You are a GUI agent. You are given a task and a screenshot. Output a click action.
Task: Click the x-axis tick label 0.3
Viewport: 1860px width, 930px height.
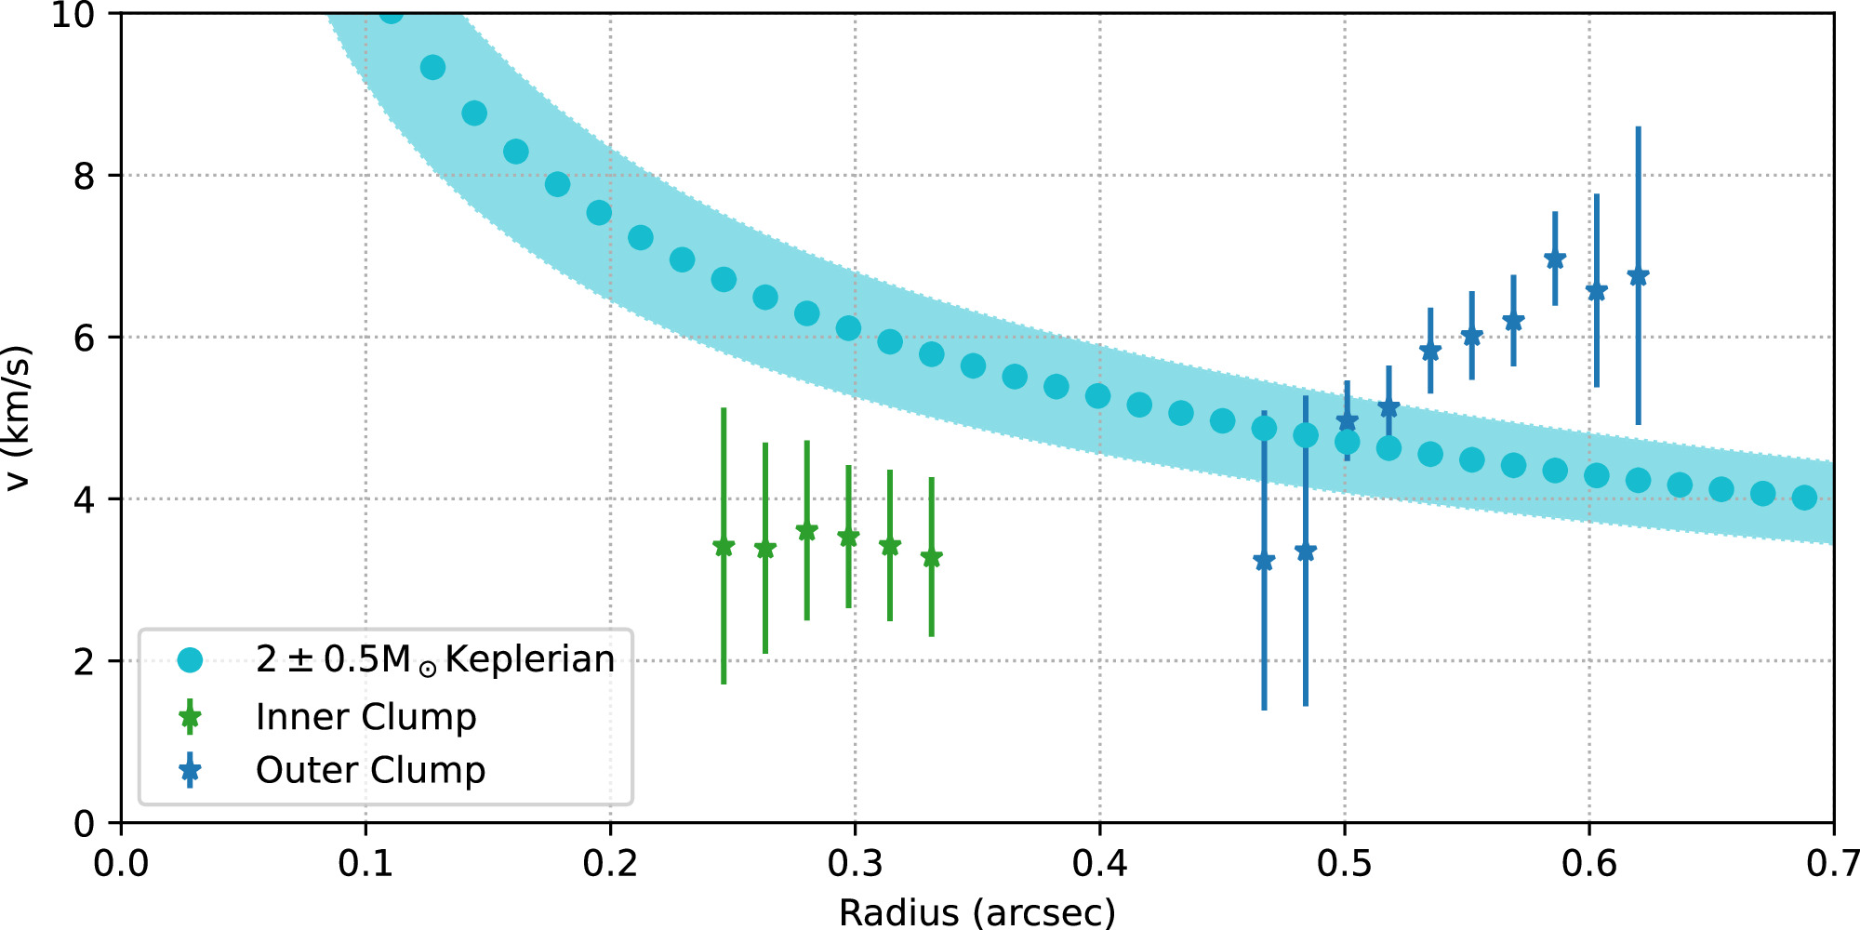(855, 864)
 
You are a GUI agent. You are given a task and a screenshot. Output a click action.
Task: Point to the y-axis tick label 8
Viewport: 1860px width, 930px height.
(84, 176)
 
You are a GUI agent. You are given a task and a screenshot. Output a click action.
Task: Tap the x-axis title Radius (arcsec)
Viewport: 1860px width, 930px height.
(976, 912)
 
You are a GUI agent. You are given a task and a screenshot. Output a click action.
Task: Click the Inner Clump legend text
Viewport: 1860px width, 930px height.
(365, 717)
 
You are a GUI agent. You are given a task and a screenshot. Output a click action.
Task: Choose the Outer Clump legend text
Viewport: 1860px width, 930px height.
(370, 770)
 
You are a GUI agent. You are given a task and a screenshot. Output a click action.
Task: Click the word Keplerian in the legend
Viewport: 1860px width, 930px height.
(530, 659)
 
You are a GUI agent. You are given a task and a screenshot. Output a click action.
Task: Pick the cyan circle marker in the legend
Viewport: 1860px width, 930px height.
(190, 660)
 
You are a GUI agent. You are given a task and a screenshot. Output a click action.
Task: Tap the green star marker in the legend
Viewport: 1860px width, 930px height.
(190, 717)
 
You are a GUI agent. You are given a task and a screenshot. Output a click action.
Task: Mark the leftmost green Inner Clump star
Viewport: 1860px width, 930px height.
(724, 547)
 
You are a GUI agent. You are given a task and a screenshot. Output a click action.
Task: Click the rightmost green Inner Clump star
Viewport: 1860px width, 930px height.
(931, 558)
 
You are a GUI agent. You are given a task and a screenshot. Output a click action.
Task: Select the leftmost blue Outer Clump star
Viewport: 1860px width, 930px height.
(1264, 561)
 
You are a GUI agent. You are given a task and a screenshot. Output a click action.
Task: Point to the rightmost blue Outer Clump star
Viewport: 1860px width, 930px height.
(1638, 276)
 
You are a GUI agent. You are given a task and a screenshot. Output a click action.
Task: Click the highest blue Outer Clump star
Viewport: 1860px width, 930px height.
(1554, 259)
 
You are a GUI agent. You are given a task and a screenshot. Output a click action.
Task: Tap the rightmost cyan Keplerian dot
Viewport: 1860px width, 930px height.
(1804, 498)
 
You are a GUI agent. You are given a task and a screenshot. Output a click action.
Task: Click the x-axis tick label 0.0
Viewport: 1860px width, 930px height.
(121, 864)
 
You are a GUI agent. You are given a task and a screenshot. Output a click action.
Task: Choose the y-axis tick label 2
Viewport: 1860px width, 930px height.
(84, 662)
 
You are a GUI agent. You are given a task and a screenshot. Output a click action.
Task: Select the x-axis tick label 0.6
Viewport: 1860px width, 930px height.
(1588, 864)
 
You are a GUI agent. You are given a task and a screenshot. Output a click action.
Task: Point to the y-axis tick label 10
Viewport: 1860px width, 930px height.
(73, 15)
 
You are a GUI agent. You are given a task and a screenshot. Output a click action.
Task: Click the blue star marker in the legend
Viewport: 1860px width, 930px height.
(190, 770)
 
